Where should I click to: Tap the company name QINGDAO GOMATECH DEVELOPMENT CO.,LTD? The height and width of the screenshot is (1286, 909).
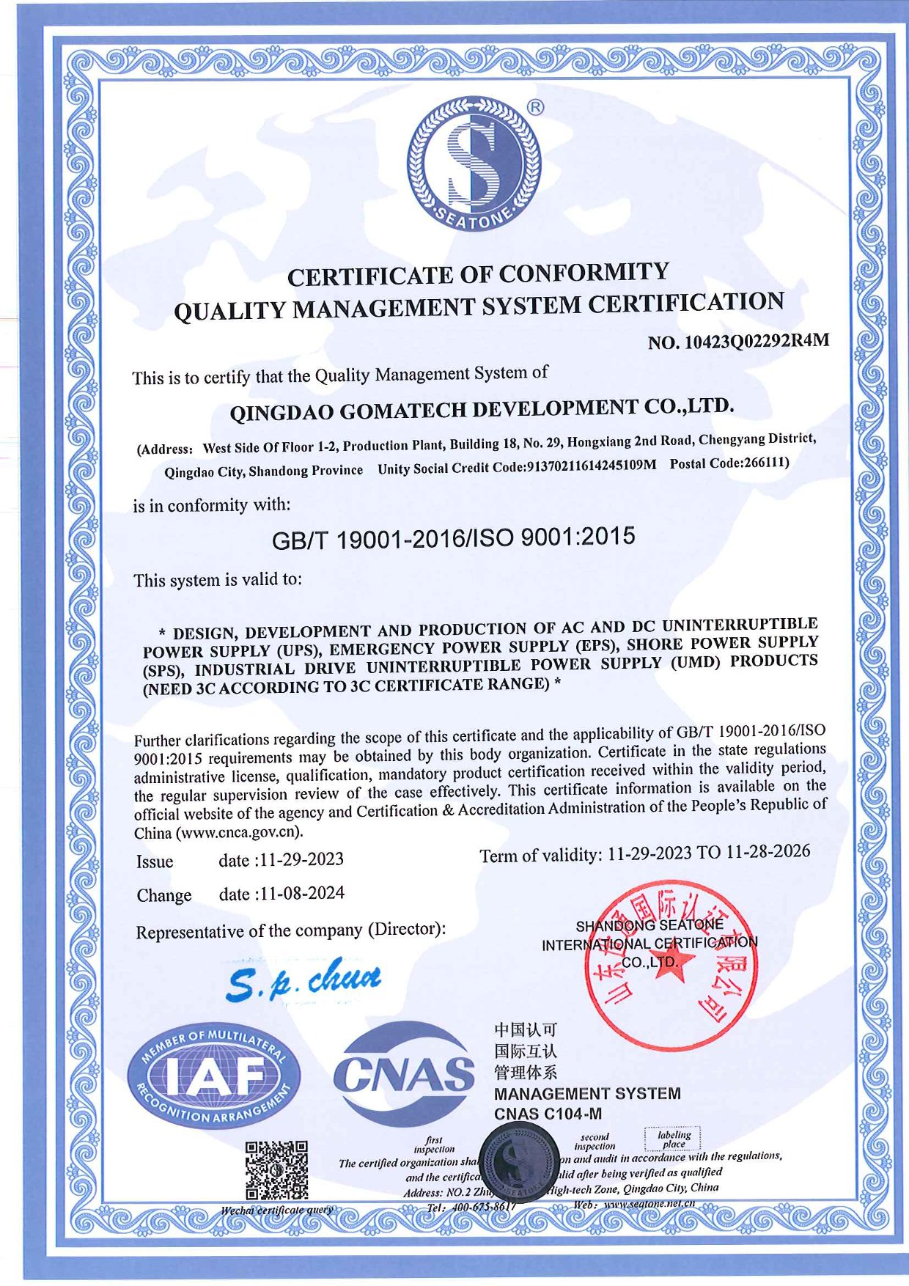[482, 408]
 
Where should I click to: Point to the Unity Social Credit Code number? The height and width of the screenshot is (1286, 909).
[592, 466]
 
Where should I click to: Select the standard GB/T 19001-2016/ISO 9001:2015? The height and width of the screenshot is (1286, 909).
[453, 538]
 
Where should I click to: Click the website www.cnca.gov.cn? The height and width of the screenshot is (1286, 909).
[239, 833]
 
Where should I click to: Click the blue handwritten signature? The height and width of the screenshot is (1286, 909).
[303, 980]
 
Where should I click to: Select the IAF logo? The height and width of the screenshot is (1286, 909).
[214, 1076]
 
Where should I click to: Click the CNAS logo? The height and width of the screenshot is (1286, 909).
[403, 1074]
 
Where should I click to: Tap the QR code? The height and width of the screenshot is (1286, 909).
[276, 1169]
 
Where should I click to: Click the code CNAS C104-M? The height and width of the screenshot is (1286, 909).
[548, 1114]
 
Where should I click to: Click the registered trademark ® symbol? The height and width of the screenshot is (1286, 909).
[536, 108]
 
